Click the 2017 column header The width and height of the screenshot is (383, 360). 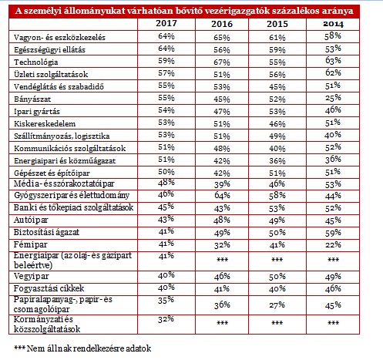tap(166, 23)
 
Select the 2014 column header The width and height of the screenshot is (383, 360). tap(333, 24)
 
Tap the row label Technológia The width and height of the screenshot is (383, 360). tap(36, 62)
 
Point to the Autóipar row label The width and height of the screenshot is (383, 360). tap(31, 220)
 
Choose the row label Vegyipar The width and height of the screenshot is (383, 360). tap(31, 277)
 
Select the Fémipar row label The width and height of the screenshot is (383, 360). tap(30, 244)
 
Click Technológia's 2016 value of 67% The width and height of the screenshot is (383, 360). tap(222, 62)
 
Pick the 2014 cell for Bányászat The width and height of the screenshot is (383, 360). tap(333, 98)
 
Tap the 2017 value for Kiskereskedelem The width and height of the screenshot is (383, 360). tap(166, 123)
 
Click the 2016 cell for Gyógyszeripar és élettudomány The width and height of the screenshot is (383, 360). tap(222, 195)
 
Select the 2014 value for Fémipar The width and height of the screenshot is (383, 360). tap(333, 244)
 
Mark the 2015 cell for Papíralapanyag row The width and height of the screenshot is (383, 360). tap(277, 305)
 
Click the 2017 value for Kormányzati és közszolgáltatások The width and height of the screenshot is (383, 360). tap(166, 319)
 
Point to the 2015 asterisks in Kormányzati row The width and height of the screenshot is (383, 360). tap(277, 322)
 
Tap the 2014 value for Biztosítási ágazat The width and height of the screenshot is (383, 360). tap(333, 233)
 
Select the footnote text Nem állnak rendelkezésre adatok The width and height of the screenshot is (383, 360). tap(89, 348)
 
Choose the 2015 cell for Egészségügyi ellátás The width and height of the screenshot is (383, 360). tap(277, 50)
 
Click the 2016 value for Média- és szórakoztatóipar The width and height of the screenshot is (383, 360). tap(222, 184)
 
